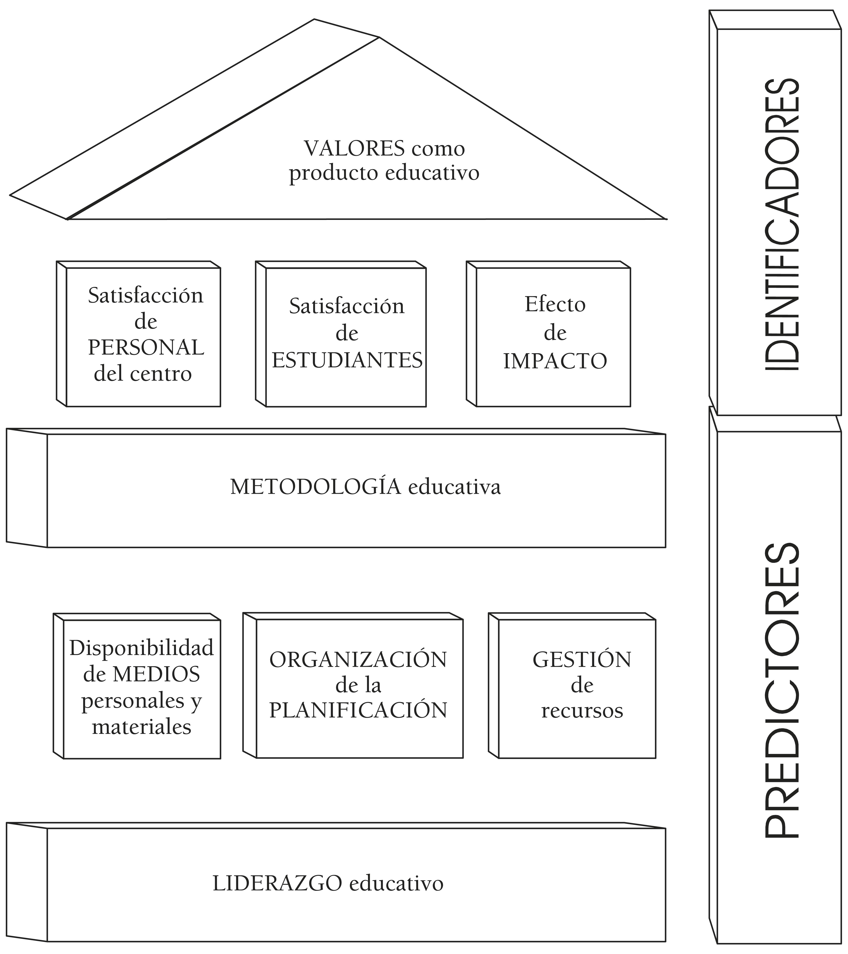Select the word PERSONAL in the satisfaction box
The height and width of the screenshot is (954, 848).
(146, 348)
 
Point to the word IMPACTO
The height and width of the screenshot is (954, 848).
(555, 361)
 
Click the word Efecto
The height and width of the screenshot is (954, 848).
(555, 304)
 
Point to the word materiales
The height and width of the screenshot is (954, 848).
(141, 727)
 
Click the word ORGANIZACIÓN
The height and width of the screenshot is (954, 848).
(358, 659)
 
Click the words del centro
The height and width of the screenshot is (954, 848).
(143, 374)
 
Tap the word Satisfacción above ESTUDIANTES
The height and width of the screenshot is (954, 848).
(347, 306)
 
